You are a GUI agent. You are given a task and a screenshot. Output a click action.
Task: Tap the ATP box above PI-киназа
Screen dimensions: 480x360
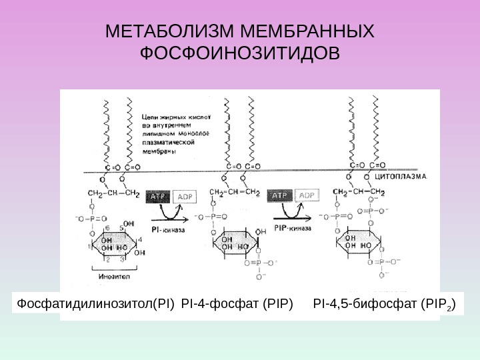(157, 196)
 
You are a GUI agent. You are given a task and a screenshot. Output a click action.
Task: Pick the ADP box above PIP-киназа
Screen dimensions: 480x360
(307, 195)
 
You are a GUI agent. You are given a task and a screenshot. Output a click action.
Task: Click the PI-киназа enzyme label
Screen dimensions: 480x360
(169, 229)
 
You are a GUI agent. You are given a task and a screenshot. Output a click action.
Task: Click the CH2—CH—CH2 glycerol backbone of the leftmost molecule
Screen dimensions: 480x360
(113, 195)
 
